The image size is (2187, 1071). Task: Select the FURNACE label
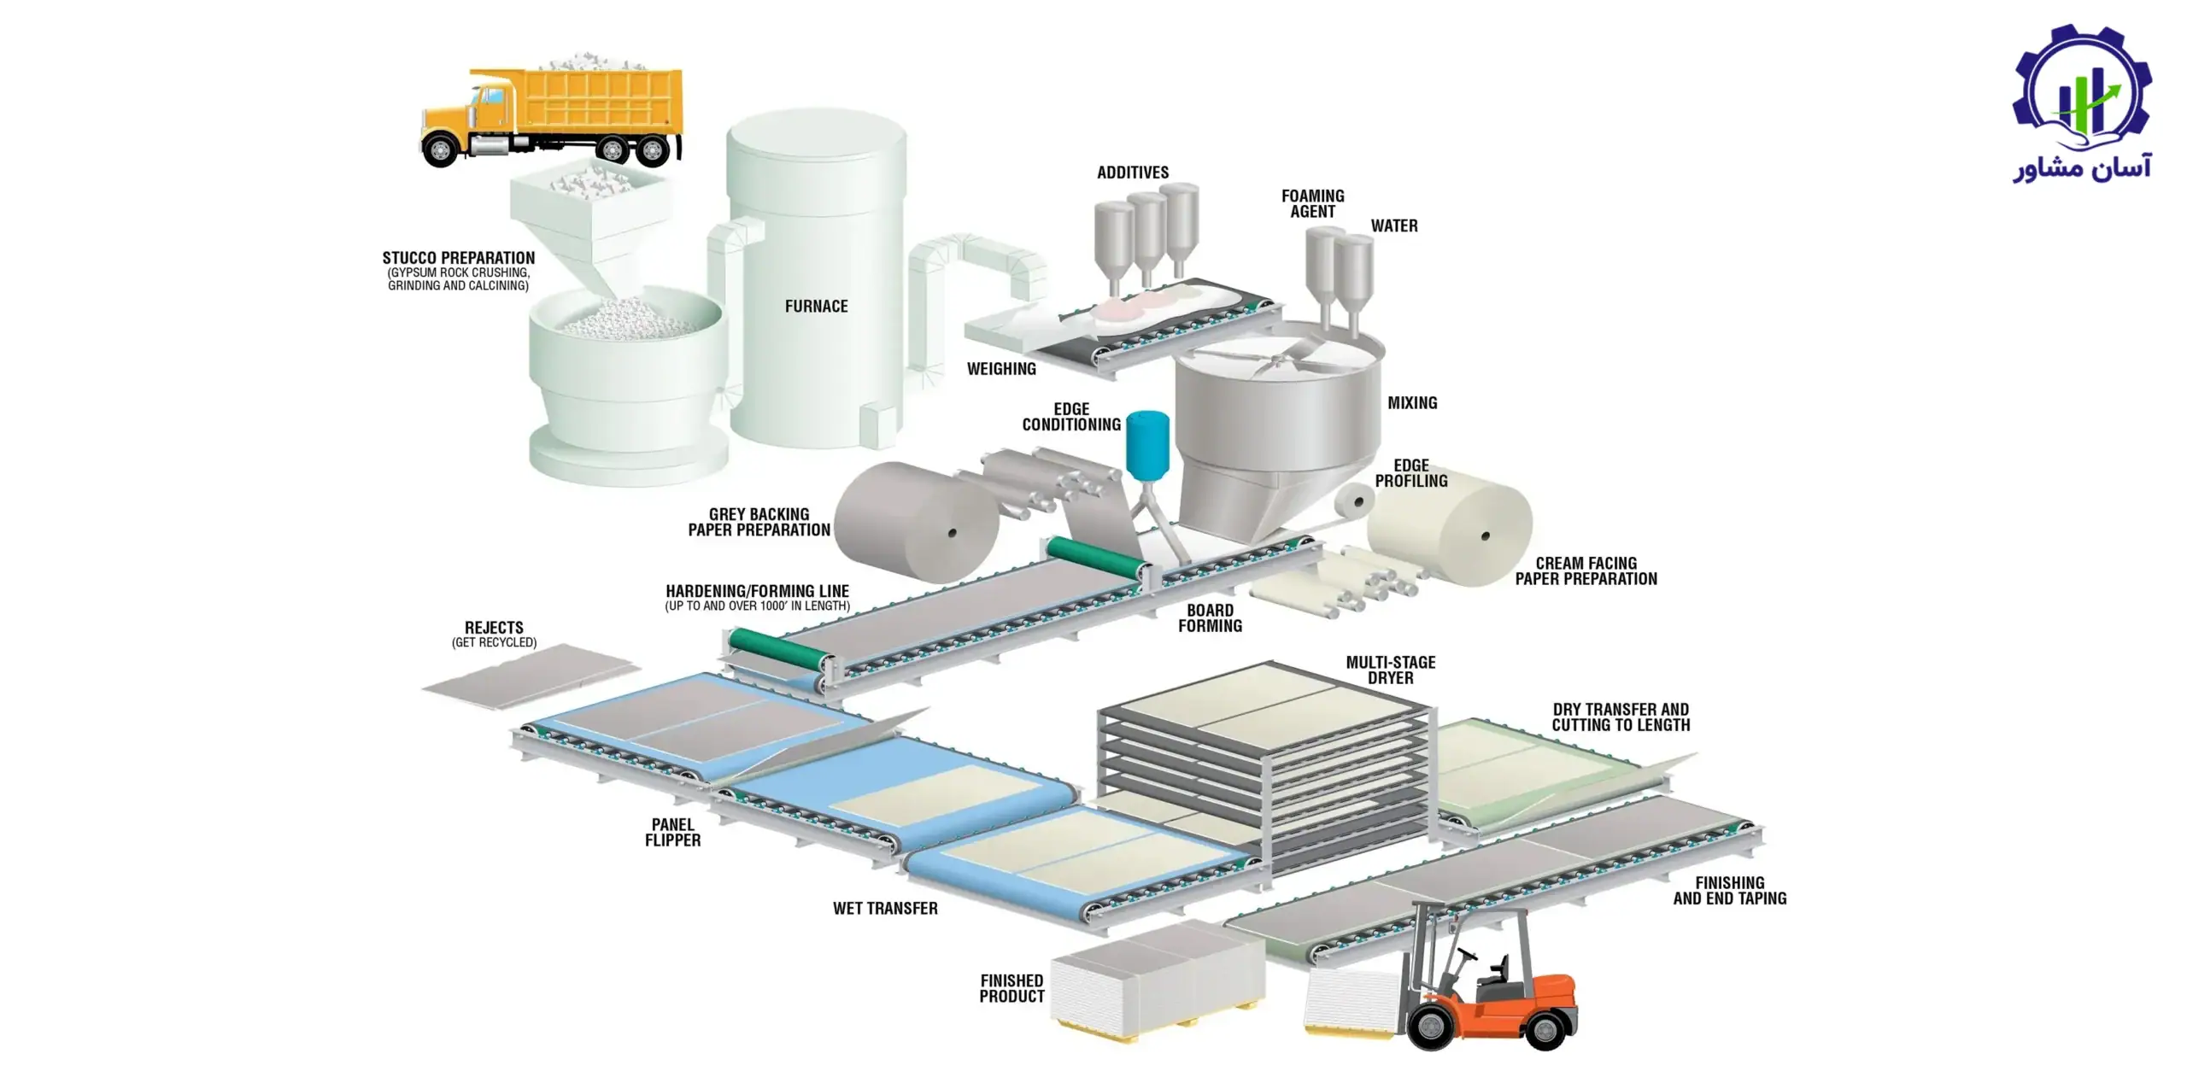(x=817, y=306)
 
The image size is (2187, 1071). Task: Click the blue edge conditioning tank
(x=1147, y=444)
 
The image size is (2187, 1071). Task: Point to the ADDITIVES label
(x=1133, y=173)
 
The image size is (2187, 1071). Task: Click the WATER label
(x=1394, y=226)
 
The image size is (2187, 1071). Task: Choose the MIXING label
(x=1412, y=403)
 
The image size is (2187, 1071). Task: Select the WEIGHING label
(x=1001, y=369)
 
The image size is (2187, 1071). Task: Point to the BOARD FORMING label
(x=1211, y=618)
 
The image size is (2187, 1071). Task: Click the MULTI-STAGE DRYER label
(x=1391, y=670)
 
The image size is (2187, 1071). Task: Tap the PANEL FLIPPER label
(x=673, y=833)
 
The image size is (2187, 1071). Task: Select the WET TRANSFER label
(x=885, y=909)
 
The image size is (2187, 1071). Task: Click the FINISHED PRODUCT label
(x=1012, y=989)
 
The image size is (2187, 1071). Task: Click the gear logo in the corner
(x=2082, y=91)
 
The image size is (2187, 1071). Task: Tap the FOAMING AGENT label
(x=1313, y=204)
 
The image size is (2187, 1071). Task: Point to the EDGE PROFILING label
(x=1411, y=473)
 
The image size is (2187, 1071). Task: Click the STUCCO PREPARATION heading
(x=459, y=258)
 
